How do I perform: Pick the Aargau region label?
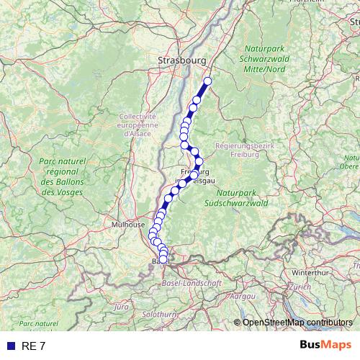244,296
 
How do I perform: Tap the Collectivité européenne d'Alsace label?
138,124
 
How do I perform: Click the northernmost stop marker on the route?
208,81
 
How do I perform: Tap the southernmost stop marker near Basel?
163,259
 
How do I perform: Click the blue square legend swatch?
10,346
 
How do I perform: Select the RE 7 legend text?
34,346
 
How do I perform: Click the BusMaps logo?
326,346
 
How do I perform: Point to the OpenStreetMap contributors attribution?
297,322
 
